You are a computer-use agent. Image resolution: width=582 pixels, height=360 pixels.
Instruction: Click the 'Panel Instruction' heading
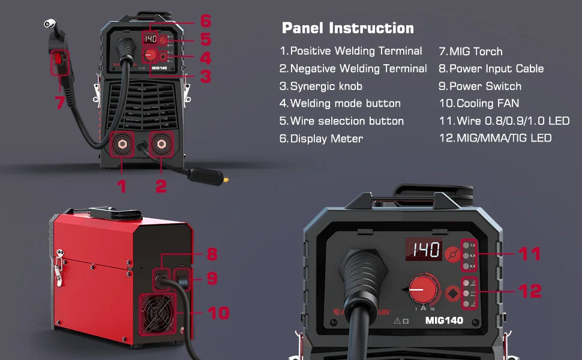[x=347, y=28]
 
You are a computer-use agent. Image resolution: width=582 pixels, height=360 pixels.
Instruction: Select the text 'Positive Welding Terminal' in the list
[x=356, y=52]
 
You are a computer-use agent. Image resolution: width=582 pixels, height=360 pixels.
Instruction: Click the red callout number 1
[x=122, y=186]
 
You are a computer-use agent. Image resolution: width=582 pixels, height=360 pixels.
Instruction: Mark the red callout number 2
[x=161, y=186]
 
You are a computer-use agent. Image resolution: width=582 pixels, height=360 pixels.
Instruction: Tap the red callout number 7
[x=60, y=103]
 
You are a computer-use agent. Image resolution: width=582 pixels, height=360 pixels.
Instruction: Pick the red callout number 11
[x=530, y=254]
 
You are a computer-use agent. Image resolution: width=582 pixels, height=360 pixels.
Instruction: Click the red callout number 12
[x=530, y=292]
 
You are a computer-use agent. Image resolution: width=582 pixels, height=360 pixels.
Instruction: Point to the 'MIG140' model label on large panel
[x=444, y=320]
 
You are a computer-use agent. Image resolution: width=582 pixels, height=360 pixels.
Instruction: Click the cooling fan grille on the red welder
[x=159, y=313]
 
